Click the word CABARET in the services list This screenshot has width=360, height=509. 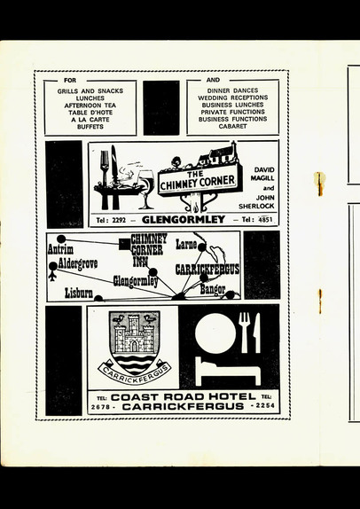pos(232,126)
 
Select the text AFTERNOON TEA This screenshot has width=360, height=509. pos(90,106)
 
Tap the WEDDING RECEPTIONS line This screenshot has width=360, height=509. pos(233,98)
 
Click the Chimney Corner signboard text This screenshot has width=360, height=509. pos(200,181)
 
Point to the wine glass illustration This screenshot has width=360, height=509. pos(146,189)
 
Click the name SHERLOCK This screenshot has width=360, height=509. pos(256,206)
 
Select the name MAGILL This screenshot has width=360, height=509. pos(262,178)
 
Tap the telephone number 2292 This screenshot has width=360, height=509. pos(119,220)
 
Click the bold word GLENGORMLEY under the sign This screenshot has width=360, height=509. pos(184,220)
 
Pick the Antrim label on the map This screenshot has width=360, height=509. pos(60,249)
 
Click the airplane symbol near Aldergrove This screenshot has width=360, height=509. pos(52,277)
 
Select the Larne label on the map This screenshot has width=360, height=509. pos(187,245)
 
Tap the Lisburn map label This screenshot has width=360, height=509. pos(79,293)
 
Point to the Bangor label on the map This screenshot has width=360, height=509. pos(213,289)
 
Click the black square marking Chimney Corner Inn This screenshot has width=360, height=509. pos(124,245)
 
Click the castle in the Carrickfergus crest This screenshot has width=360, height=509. pos(134,333)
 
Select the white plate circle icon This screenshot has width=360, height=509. pos(215,333)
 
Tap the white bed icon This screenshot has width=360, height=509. pos(228,372)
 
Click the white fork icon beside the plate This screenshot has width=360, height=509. pos(244,333)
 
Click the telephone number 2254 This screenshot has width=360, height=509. pos(264,405)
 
